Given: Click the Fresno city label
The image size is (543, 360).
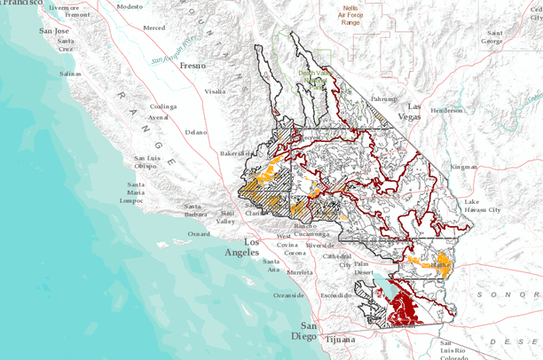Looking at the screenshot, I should click(191, 66).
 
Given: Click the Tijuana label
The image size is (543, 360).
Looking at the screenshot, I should click(340, 339).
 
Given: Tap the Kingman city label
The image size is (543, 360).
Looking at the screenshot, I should click(463, 166).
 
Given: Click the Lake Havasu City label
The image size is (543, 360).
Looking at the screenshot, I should click(483, 206).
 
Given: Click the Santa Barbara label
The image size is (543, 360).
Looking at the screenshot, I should click(195, 209).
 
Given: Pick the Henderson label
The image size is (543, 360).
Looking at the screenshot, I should click(446, 111).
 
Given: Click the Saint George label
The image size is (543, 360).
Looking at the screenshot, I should click(492, 36).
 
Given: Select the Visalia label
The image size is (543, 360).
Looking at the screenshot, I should click(215, 91).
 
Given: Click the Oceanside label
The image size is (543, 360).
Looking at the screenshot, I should click(288, 294).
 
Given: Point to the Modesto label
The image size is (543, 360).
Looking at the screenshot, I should click(130, 6).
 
